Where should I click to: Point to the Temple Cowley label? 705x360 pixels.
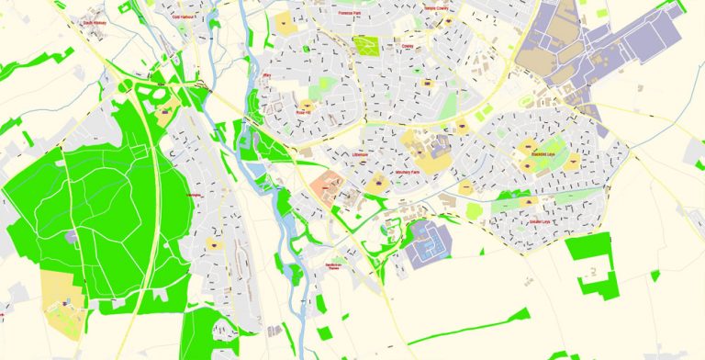439,7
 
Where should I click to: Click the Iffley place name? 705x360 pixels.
267,74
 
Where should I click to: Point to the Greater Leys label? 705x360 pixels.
540,221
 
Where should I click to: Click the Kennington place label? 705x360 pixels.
193,196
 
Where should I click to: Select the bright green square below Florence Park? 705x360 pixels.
366,45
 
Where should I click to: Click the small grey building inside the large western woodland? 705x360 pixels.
73,236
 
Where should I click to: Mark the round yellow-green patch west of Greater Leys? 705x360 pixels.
475,210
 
